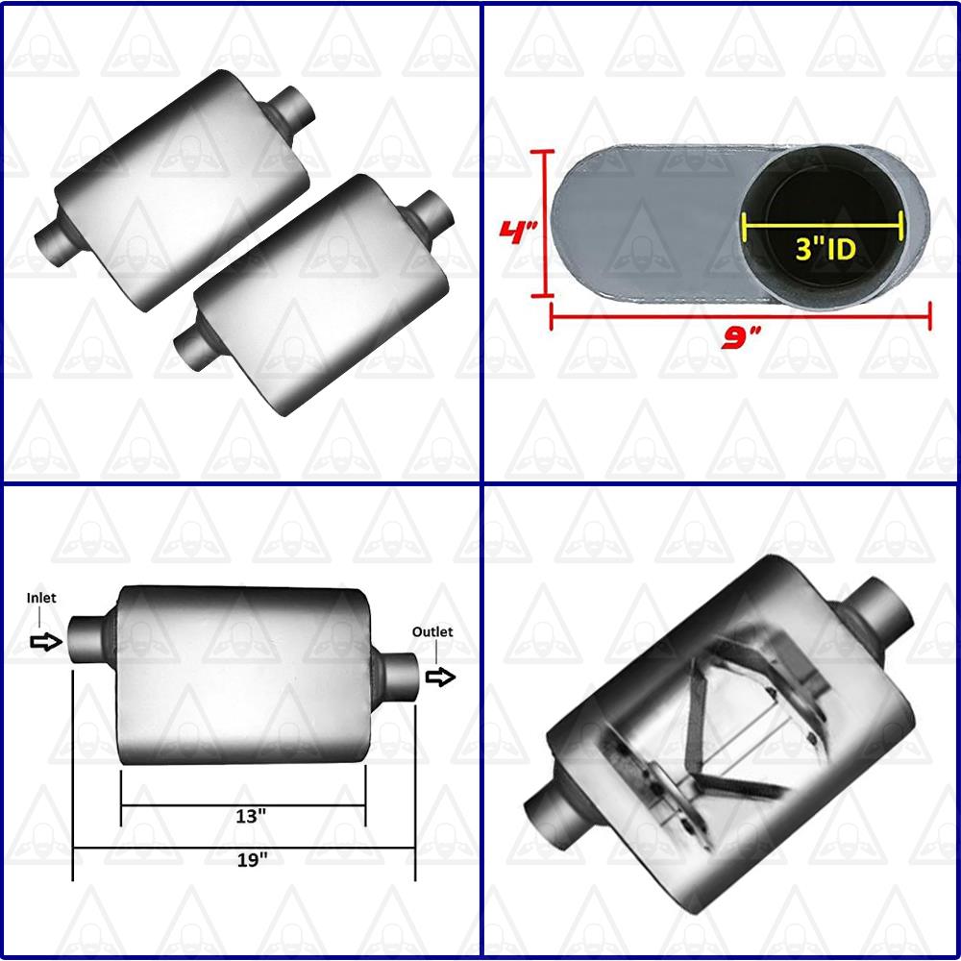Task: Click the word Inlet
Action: click(x=41, y=598)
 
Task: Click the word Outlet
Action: click(x=432, y=631)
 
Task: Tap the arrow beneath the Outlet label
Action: click(x=440, y=677)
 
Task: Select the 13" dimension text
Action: click(x=250, y=815)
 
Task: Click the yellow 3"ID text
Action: click(x=825, y=250)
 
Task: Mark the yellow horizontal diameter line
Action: click(x=823, y=226)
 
